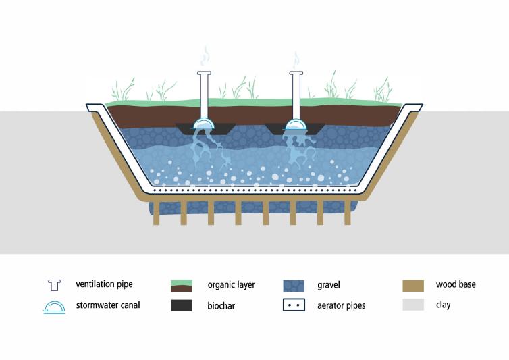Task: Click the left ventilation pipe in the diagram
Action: [205, 95]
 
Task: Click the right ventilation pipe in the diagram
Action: [295, 95]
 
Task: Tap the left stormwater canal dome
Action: [204, 124]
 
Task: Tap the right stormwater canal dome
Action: [295, 124]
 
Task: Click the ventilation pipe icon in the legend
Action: [54, 285]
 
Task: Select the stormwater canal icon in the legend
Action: [54, 306]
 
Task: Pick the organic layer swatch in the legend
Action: [182, 285]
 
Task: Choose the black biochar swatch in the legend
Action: [182, 305]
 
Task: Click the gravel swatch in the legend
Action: [294, 285]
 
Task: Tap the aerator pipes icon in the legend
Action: [294, 305]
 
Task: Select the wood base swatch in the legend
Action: [412, 285]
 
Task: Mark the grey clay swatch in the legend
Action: [412, 305]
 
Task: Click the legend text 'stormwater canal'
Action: [108, 305]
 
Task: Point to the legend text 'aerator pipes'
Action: [341, 306]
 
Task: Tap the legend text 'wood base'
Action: [456, 285]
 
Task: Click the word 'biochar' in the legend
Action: [223, 306]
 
